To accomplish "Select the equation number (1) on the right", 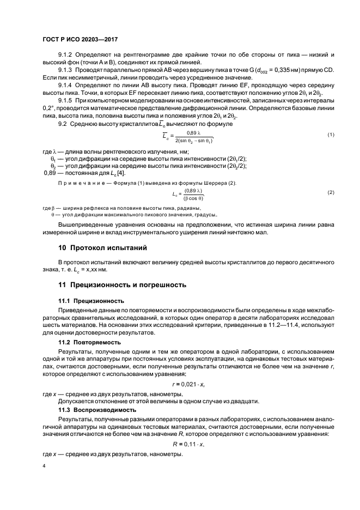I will click(x=331, y=150).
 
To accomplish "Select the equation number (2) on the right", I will click(x=331, y=193).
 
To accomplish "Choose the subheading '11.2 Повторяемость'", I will click(x=90, y=342).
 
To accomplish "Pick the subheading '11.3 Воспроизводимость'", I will click(x=96, y=409).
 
